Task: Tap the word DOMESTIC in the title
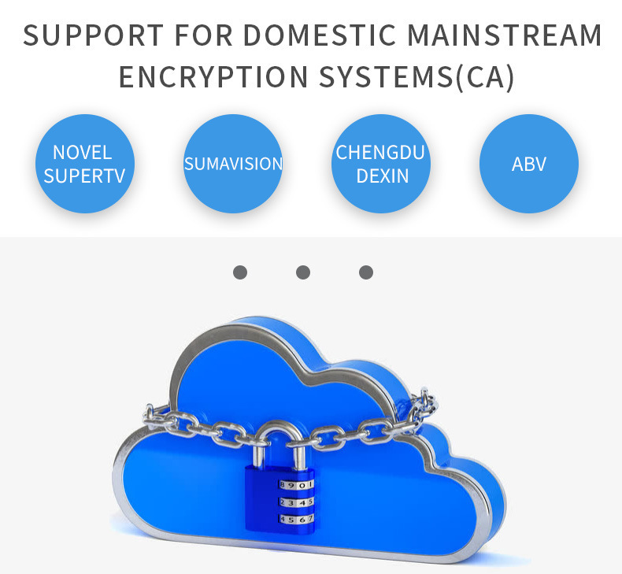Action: pos(322,36)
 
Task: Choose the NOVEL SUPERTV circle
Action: pos(85,164)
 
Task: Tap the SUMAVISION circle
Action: pos(233,164)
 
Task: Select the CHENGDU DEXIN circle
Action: pos(381,164)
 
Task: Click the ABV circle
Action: pos(529,164)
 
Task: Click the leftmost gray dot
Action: pos(240,272)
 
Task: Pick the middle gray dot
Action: pos(303,272)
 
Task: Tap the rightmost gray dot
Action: pos(366,272)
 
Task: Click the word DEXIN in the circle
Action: pos(382,176)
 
